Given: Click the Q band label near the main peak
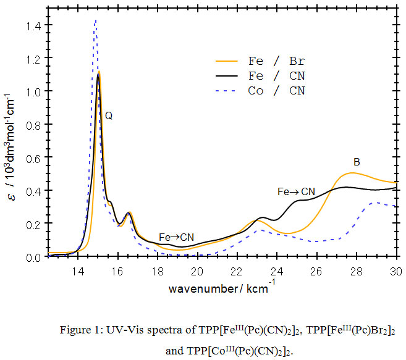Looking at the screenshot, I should [108, 116].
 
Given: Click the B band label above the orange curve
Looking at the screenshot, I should [357, 162].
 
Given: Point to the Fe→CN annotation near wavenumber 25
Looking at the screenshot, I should [296, 192].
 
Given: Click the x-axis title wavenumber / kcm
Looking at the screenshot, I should [214, 288].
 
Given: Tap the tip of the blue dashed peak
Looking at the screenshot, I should [95, 21].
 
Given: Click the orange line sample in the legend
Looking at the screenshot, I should [227, 61].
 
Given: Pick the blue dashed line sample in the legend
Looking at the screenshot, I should [227, 91].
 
